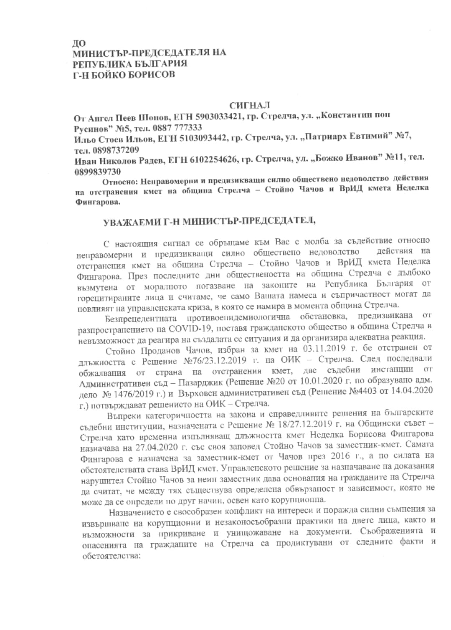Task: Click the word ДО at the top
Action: click(79, 43)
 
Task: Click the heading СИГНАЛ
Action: click(249, 105)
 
